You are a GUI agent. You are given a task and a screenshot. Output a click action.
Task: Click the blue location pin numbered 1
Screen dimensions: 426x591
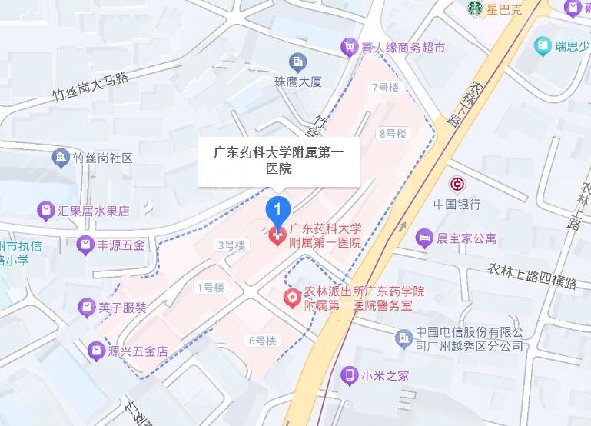(x=278, y=209)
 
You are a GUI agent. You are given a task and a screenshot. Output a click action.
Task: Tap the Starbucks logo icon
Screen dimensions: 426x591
(x=475, y=9)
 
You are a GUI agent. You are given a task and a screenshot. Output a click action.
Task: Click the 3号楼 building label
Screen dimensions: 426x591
(x=231, y=245)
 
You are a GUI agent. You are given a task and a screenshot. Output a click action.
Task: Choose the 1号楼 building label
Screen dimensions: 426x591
(x=210, y=288)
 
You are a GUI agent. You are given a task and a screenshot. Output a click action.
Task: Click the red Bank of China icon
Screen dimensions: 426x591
(x=457, y=185)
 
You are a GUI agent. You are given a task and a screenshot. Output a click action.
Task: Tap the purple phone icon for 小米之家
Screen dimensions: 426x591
(x=350, y=375)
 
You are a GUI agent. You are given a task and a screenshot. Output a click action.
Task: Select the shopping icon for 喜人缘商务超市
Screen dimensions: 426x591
(x=350, y=47)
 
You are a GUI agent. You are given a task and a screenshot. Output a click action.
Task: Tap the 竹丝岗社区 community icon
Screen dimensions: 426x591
(x=60, y=158)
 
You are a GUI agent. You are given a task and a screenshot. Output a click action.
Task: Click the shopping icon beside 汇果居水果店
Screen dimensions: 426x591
(x=47, y=210)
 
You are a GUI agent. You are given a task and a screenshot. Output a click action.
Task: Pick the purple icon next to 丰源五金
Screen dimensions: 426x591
(x=86, y=246)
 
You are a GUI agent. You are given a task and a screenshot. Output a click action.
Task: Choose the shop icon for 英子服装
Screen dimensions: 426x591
(x=86, y=308)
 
